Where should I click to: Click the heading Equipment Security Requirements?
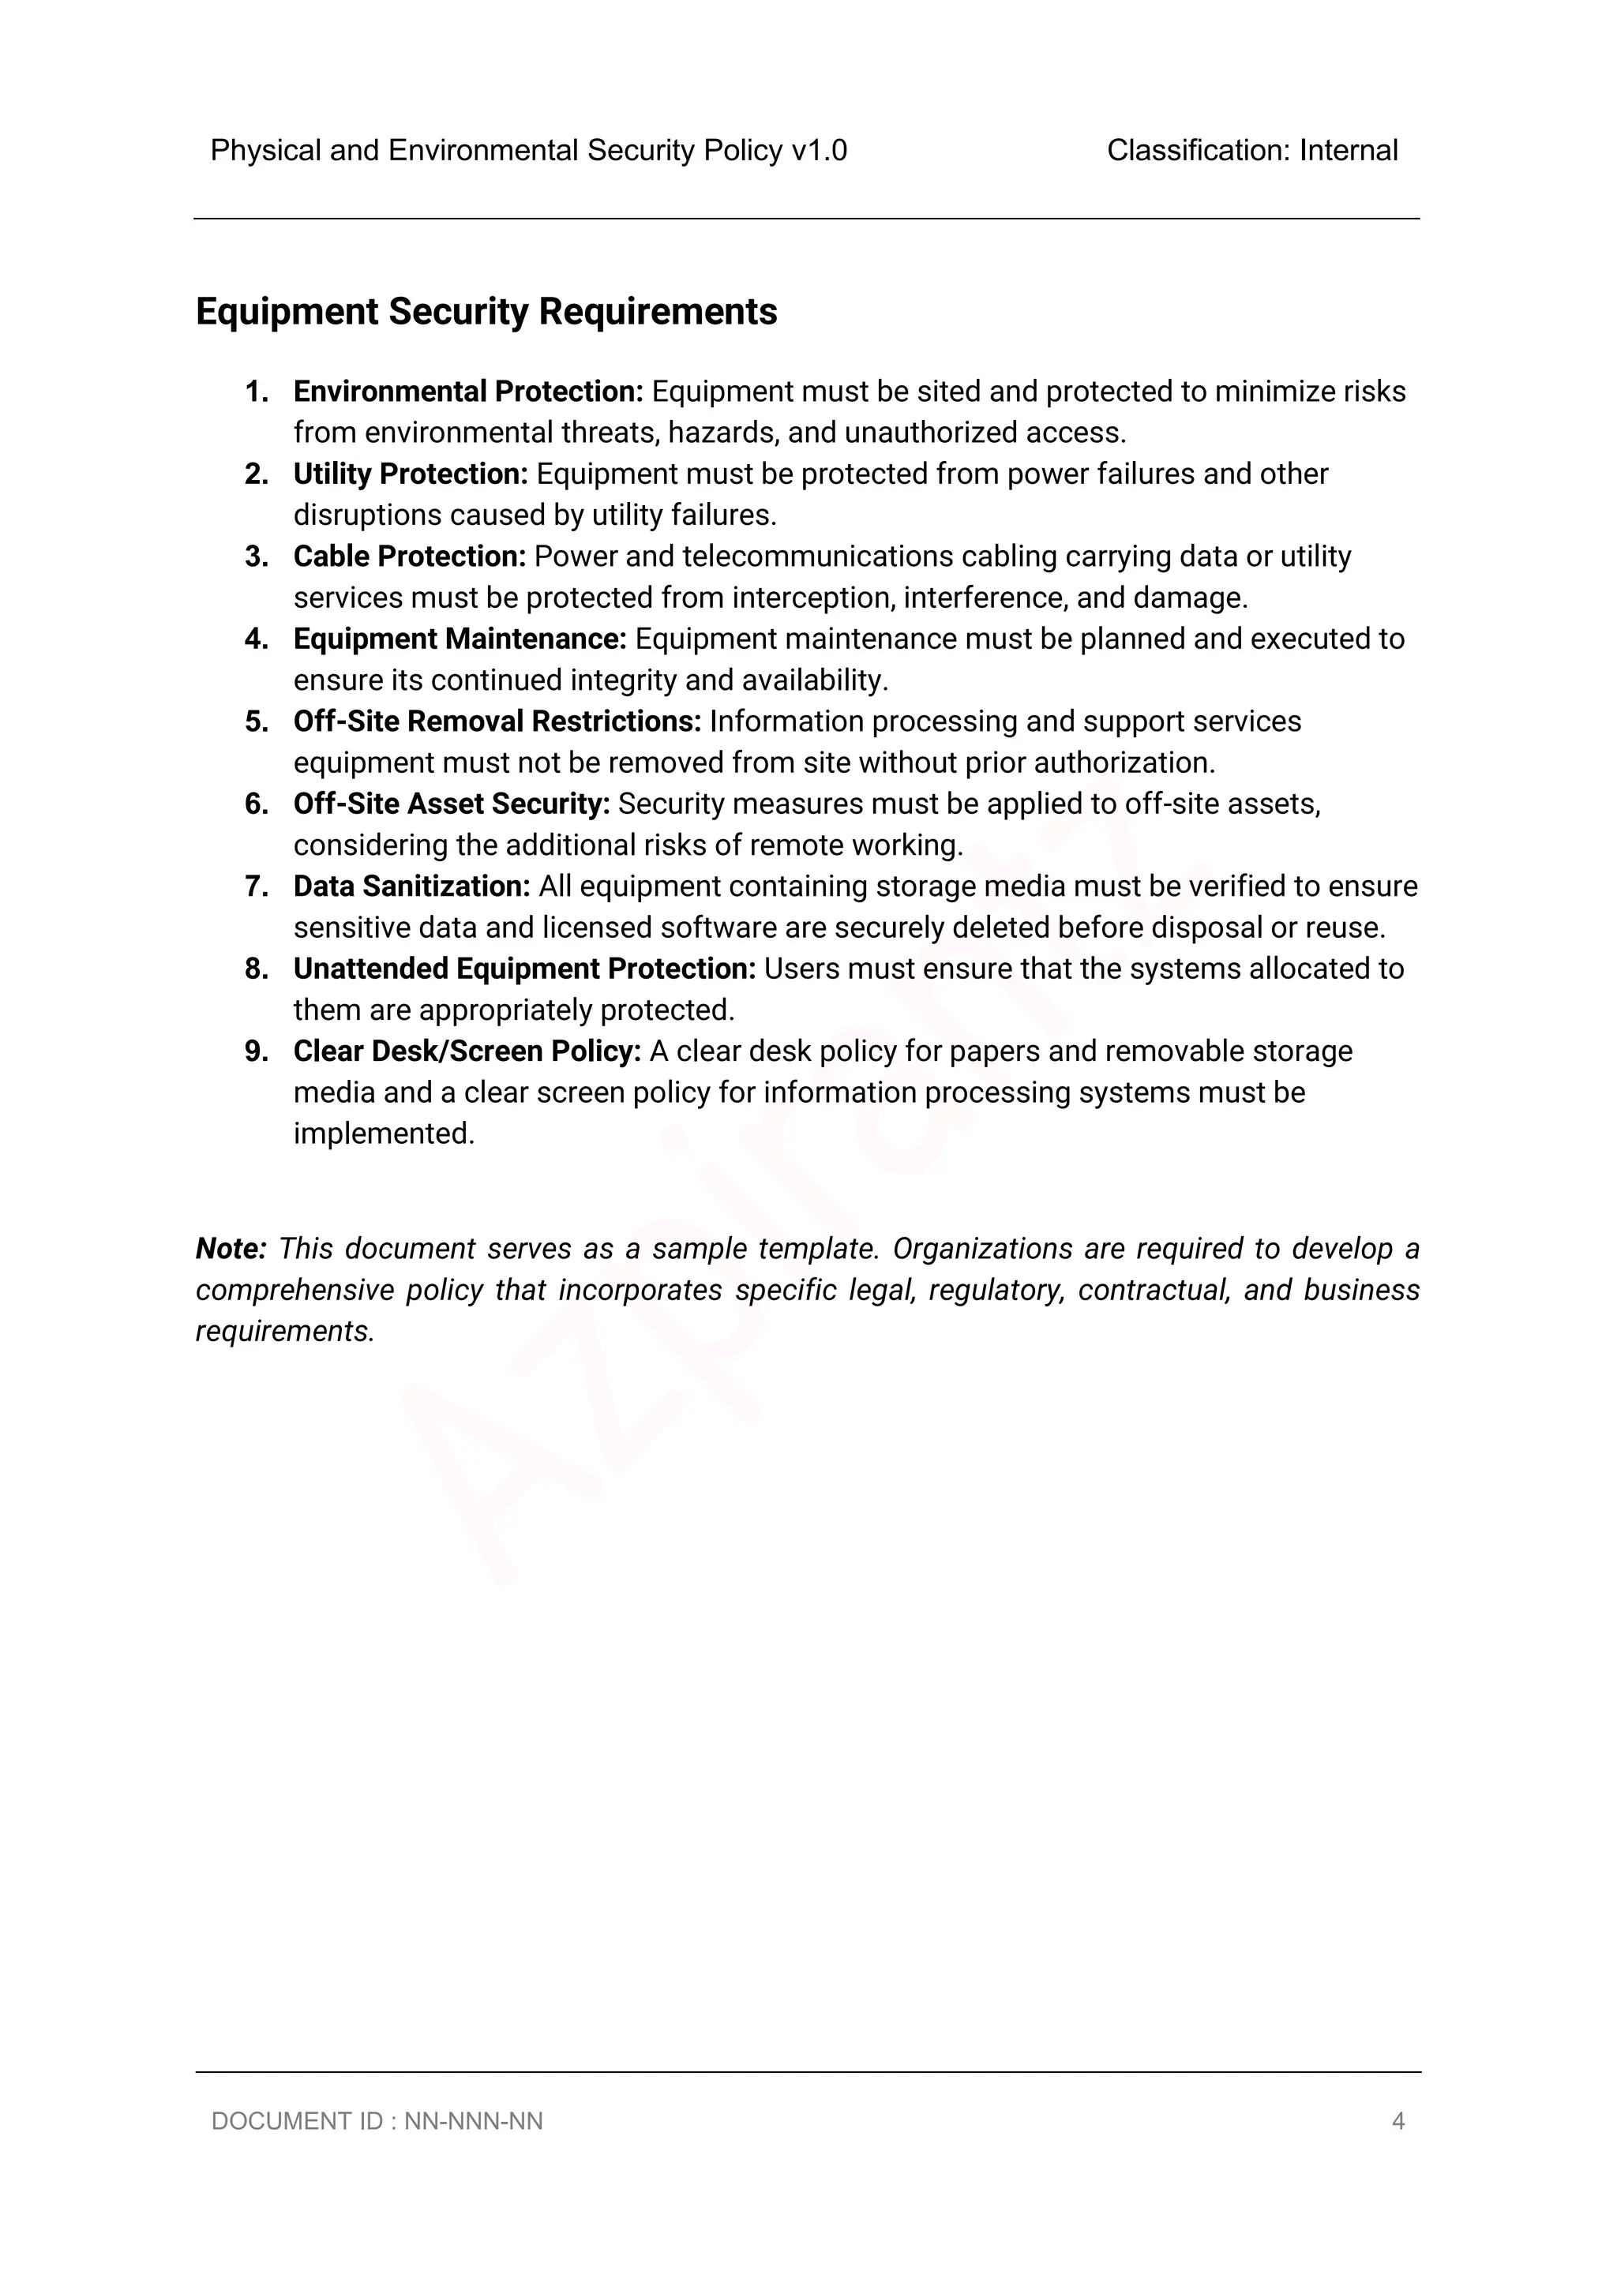pyautogui.click(x=486, y=312)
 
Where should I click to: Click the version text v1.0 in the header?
pyautogui.click(x=819, y=150)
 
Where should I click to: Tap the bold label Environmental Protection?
pyautogui.click(x=469, y=392)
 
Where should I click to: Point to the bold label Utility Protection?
pyautogui.click(x=411, y=474)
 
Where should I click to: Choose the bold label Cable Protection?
pyautogui.click(x=409, y=557)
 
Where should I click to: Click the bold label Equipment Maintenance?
pyautogui.click(x=460, y=639)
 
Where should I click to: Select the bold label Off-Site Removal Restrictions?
pyautogui.click(x=497, y=721)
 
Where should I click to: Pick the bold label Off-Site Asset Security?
pyautogui.click(x=451, y=804)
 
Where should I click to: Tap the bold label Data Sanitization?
pyautogui.click(x=412, y=887)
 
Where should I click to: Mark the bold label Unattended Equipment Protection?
pyautogui.click(x=523, y=969)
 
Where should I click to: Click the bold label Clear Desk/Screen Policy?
pyautogui.click(x=467, y=1051)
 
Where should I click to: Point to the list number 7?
pyautogui.click(x=256, y=887)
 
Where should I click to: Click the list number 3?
pyautogui.click(x=256, y=557)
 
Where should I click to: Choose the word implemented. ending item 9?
pyautogui.click(x=385, y=1134)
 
